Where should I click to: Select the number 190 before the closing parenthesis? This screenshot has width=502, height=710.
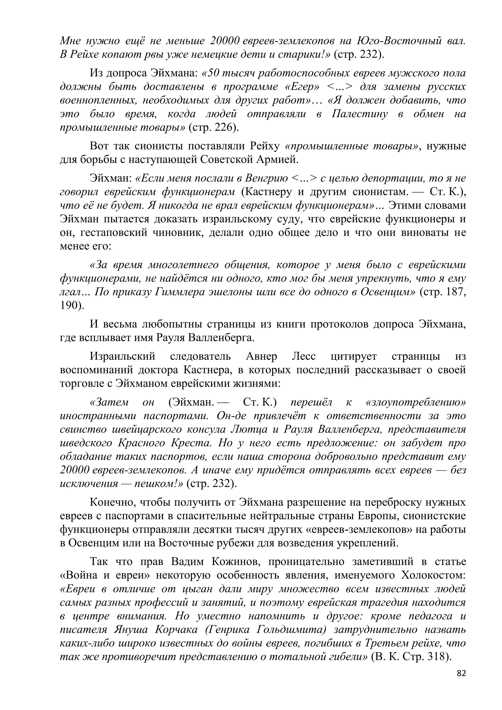click(x=69, y=306)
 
